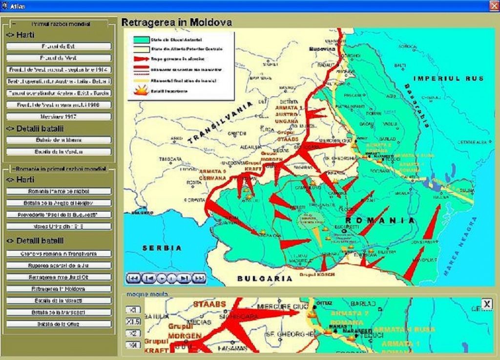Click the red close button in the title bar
494,6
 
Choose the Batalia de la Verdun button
59,152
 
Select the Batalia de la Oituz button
59,324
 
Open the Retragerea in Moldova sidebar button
59,289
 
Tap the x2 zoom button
132,333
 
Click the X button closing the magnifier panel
487,304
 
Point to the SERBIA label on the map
162,248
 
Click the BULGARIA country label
265,279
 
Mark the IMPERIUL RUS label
448,79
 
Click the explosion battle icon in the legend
139,91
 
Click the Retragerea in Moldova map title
177,22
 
